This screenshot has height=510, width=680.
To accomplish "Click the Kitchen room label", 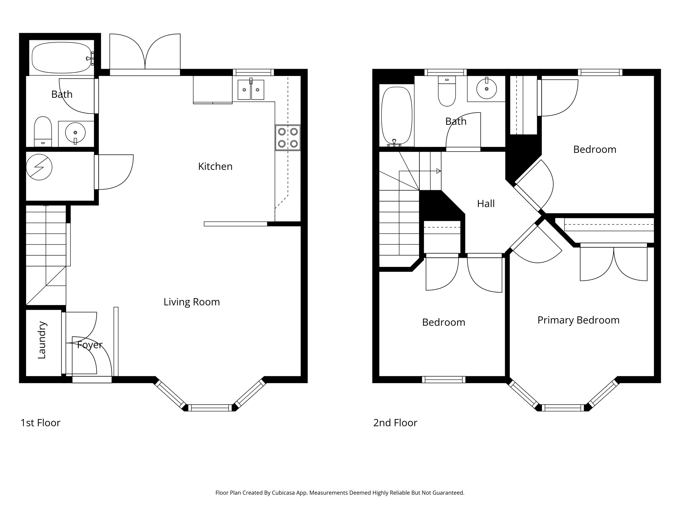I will point(215,166).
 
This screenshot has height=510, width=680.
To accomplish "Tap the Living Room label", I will point(192,302).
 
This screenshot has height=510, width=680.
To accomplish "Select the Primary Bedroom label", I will point(578,320).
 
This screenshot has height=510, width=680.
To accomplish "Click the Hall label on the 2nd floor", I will point(486,204).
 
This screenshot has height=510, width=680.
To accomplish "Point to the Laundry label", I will point(42,340).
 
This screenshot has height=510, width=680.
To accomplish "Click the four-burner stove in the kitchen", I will point(288,137).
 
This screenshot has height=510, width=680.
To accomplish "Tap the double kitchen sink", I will point(251,89).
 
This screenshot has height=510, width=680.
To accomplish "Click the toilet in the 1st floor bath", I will point(43,131).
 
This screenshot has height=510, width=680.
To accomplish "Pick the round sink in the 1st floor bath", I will point(75,132).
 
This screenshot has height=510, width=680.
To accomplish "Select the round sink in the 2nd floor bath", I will point(486,89).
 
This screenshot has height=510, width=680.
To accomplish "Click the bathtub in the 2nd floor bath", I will point(396,116).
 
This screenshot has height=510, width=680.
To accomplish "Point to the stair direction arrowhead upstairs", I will point(439,171).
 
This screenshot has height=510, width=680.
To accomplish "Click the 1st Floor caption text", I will point(41,423).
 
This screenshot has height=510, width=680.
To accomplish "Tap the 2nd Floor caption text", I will point(395,423).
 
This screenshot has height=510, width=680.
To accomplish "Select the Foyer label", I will point(90,345).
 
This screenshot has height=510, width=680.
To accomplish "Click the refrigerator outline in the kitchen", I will point(213,89).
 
